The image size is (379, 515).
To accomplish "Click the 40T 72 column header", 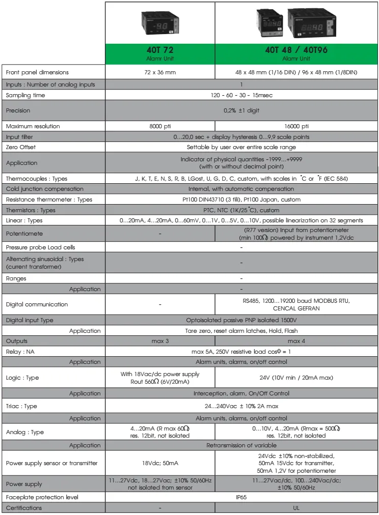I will pyautogui.click(x=159, y=53).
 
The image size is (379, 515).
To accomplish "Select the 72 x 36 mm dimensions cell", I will pyautogui.click(x=159, y=72).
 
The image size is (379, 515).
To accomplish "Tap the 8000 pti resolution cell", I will pyautogui.click(x=159, y=126).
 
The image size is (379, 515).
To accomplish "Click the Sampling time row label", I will pyautogui.click(x=25, y=95).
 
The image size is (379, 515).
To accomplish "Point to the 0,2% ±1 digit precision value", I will pyautogui.click(x=241, y=110).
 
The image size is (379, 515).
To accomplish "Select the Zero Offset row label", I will pyautogui.click(x=21, y=147).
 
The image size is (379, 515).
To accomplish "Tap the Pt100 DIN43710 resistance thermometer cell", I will pyautogui.click(x=241, y=199).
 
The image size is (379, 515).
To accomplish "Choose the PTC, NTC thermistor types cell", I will pyautogui.click(x=241, y=210).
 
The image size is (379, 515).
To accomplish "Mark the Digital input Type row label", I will pyautogui.click(x=30, y=320).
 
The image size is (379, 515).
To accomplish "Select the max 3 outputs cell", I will pyautogui.click(x=159, y=341).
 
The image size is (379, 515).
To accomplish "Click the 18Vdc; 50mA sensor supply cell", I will pyautogui.click(x=159, y=463).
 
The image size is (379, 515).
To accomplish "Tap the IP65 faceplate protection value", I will pyautogui.click(x=241, y=497).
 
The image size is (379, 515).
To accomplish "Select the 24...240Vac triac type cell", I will pyautogui.click(x=241, y=406).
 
